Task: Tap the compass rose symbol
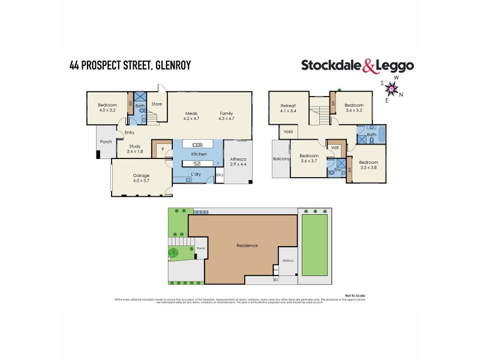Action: click(x=392, y=89)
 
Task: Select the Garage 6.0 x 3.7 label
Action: click(x=142, y=178)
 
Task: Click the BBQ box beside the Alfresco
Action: click(x=219, y=175)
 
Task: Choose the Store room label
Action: click(x=157, y=104)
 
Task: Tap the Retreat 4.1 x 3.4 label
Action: click(x=289, y=109)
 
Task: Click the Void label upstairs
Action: click(x=287, y=131)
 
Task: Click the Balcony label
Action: click(x=281, y=160)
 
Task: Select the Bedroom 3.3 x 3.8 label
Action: click(x=368, y=165)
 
